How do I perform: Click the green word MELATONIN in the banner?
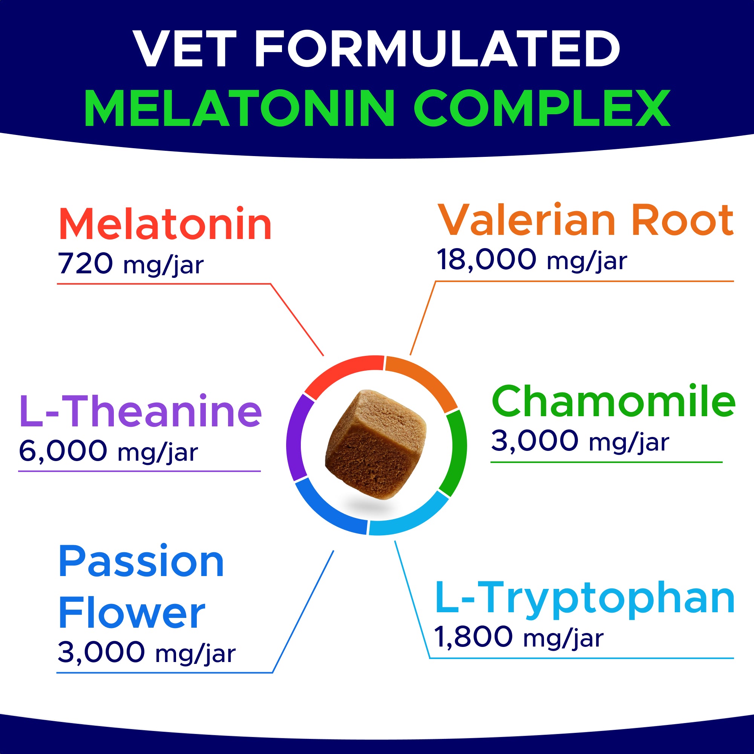point(239,108)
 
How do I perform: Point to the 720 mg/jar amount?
point(131,264)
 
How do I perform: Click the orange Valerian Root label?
point(585,221)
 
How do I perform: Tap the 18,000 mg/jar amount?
point(532,260)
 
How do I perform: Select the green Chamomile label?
point(613,402)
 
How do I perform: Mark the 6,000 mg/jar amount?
point(109,452)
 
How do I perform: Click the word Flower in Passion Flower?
point(132,613)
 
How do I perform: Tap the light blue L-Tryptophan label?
point(585,599)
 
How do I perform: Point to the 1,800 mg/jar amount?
point(519,638)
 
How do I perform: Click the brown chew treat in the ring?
point(375,444)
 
